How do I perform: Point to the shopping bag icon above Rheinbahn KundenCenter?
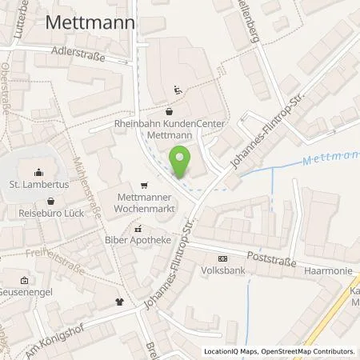[170, 111]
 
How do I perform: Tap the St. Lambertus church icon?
[39, 171]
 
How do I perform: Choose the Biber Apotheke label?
[137, 239]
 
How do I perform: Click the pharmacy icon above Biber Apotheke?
[137, 228]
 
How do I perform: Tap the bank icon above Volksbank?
[222, 258]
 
